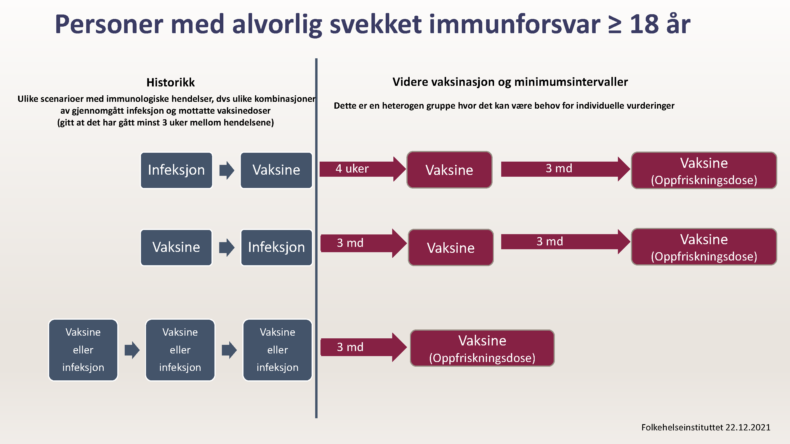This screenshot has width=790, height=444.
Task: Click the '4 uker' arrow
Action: [363, 169]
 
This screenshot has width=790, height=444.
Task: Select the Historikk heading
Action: [171, 82]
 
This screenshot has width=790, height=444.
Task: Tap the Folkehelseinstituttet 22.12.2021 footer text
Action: [706, 427]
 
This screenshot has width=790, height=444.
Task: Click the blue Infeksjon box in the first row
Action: [176, 170]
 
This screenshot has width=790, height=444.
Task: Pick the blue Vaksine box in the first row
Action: [276, 170]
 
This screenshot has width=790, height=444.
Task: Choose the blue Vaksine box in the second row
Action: [176, 247]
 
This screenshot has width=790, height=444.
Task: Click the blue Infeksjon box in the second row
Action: [276, 247]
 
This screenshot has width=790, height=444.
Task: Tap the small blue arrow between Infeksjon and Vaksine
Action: [227, 170]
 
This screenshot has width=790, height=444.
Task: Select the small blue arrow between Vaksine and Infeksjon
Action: [227, 247]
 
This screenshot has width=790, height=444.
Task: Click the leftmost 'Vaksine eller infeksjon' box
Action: [83, 350]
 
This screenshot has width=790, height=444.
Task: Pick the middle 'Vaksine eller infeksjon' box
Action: [180, 350]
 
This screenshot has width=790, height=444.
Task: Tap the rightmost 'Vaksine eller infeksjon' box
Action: [277, 350]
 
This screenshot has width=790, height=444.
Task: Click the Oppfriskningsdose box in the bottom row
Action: [482, 348]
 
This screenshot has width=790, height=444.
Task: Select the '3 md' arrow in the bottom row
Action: [364, 347]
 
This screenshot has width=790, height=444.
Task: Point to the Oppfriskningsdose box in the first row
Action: [704, 170]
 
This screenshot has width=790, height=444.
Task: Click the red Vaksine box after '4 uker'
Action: [449, 170]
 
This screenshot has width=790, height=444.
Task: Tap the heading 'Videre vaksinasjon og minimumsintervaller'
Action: [510, 82]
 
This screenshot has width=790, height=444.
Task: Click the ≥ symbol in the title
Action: [615, 25]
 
